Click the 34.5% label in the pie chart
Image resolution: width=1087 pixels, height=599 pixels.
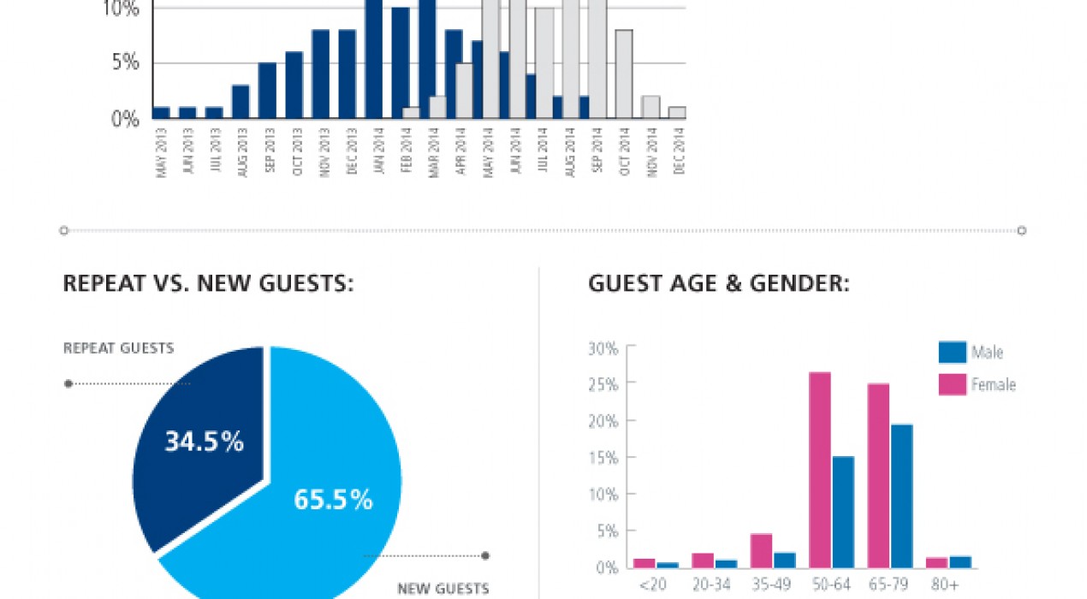[204, 442]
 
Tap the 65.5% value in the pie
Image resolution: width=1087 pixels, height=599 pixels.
[333, 500]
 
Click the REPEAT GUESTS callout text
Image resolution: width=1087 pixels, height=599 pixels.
[118, 348]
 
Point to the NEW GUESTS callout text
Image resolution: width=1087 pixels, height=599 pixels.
[443, 589]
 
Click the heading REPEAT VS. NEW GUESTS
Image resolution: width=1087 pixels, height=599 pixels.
[208, 284]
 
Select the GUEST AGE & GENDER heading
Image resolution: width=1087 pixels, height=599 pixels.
[719, 284]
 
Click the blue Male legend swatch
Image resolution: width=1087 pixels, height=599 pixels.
[952, 352]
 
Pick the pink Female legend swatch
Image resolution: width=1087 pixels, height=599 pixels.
[952, 384]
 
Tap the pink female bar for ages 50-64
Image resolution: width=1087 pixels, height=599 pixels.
[819, 470]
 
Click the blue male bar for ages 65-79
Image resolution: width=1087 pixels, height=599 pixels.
[901, 496]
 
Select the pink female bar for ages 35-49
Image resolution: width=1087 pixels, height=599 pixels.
[761, 551]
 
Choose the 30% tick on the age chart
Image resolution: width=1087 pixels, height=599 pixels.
[603, 348]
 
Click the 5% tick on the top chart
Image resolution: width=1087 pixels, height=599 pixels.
[125, 62]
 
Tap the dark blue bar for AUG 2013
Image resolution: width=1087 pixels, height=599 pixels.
[241, 102]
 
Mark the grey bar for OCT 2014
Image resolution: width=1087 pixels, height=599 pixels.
[624, 74]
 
